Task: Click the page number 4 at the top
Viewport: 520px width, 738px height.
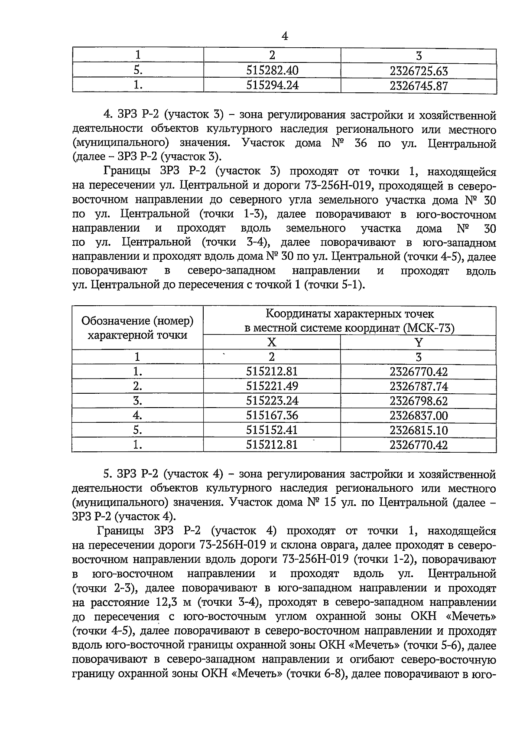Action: point(285,36)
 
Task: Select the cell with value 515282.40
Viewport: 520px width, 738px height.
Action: point(272,71)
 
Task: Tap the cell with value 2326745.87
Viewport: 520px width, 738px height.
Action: point(418,86)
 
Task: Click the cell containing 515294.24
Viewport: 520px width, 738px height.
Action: point(272,86)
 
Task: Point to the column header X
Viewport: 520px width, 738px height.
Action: point(272,343)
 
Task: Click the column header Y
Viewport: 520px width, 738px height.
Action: point(418,343)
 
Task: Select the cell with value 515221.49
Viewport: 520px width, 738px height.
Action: point(272,386)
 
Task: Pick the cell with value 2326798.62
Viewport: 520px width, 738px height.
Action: point(418,401)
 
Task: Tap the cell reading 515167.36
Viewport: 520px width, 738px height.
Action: point(272,415)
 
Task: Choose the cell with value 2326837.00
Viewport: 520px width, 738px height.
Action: point(418,415)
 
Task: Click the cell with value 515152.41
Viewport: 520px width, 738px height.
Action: point(272,430)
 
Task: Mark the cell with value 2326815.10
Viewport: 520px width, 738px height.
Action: point(418,430)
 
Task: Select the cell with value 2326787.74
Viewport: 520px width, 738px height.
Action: point(418,386)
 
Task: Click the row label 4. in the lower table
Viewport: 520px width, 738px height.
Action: point(138,415)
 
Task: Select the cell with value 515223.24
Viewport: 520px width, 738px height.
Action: point(272,401)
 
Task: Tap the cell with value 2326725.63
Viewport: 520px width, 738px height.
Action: point(418,71)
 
